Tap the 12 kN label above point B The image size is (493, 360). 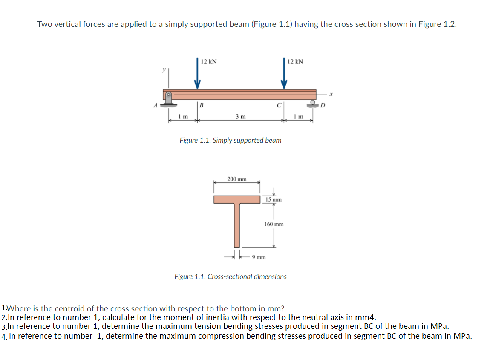coord(209,62)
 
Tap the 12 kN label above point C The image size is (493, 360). coord(295,62)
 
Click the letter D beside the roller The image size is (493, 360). coord(323,105)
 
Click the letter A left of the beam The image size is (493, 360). coord(156,105)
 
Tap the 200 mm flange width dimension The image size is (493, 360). coord(236,179)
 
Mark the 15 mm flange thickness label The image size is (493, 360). coord(273,199)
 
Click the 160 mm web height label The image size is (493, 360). coord(274,224)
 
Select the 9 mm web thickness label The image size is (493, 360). coord(259,257)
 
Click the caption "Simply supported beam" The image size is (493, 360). coord(247,140)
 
